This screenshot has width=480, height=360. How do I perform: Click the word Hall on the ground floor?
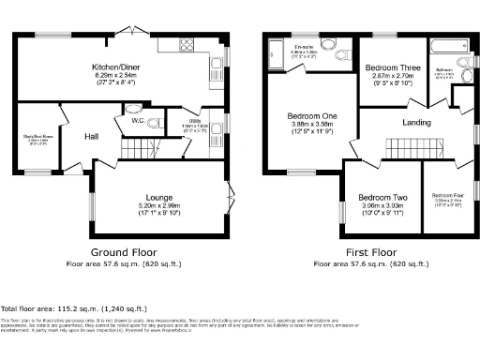pyautogui.click(x=92, y=136)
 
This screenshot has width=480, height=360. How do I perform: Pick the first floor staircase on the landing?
pyautogui.click(x=401, y=146)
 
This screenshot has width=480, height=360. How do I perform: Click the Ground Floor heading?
pyautogui.click(x=123, y=253)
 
